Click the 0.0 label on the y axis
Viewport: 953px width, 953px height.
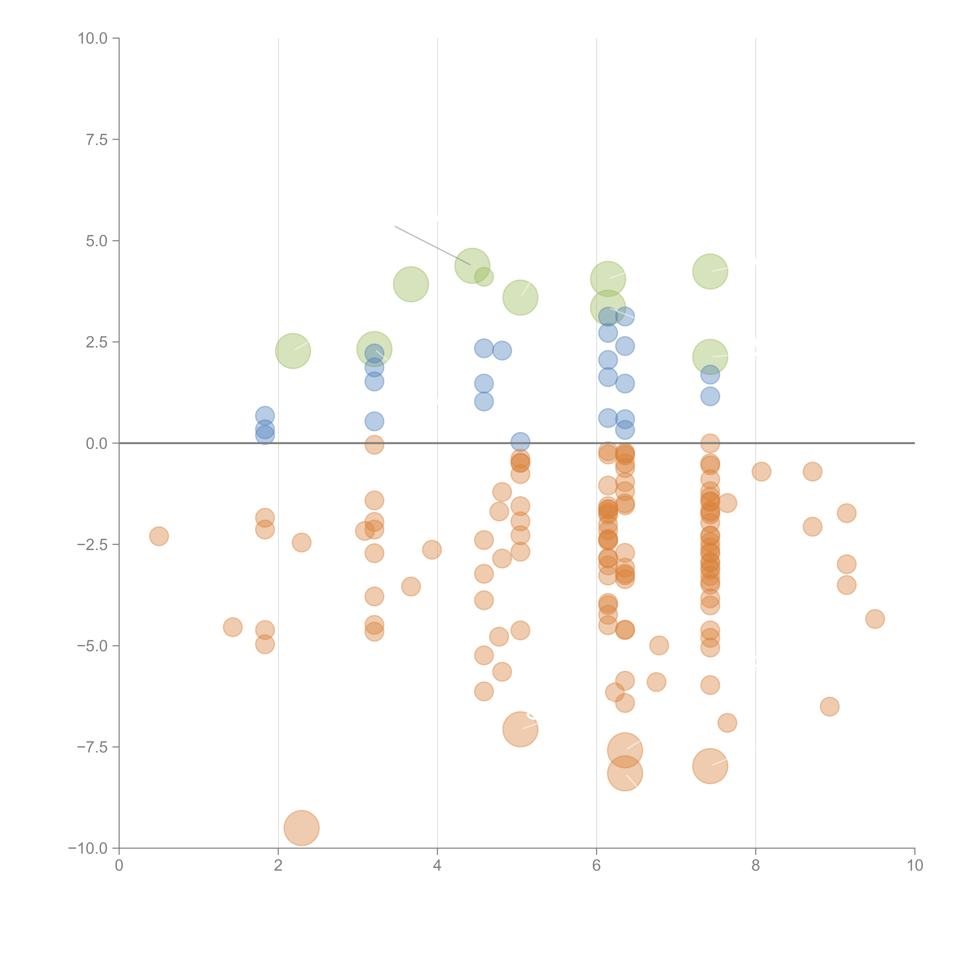point(97,444)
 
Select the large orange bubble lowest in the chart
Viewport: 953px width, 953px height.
point(301,828)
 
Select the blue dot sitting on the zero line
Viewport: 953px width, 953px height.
point(520,442)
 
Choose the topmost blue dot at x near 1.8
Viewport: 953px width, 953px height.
point(265,416)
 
